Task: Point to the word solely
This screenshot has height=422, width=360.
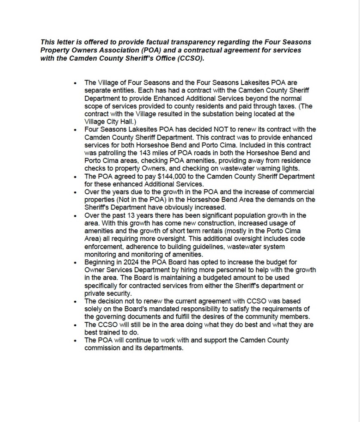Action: pyautogui.click(x=94, y=309)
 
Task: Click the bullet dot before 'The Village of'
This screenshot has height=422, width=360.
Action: pyautogui.click(x=75, y=83)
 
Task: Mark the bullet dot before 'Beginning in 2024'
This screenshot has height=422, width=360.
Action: pyautogui.click(x=75, y=262)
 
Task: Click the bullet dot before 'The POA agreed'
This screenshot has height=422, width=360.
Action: pyautogui.click(x=75, y=177)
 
